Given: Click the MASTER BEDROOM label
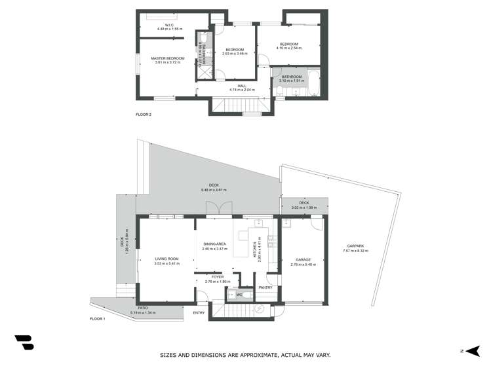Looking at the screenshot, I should [x=167, y=58].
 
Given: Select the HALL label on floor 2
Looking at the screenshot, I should [x=242, y=85].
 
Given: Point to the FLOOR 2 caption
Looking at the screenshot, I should [x=144, y=115].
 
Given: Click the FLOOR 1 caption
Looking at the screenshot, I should [x=98, y=319].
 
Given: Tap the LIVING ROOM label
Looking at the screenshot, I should [x=167, y=259].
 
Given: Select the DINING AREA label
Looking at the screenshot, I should [x=214, y=244].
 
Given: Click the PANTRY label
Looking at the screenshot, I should [x=265, y=287].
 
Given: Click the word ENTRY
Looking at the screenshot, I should [x=199, y=312].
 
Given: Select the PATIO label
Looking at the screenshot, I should [x=142, y=308].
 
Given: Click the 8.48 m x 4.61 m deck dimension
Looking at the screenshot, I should [x=214, y=190].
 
